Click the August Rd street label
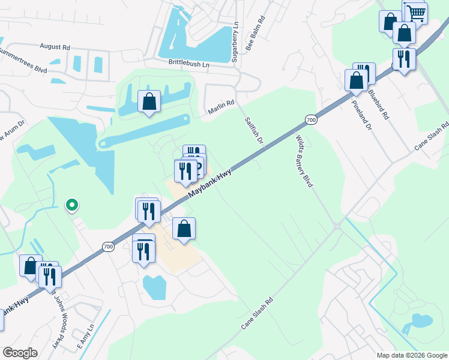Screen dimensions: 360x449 pyautogui.click(x=55, y=46)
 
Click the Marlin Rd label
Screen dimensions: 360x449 pyautogui.click(x=221, y=107)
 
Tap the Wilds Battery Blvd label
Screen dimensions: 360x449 pyautogui.click(x=304, y=160)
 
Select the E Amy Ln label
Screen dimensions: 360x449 pyautogui.click(x=86, y=337)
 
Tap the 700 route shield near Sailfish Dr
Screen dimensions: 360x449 pyautogui.click(x=310, y=120)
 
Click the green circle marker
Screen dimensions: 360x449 pyautogui.click(x=72, y=205)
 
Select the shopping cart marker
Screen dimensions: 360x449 pyautogui.click(x=414, y=12)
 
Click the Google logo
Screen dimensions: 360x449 pyautogui.click(x=20, y=353)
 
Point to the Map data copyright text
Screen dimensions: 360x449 pyautogui.click(x=411, y=355)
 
